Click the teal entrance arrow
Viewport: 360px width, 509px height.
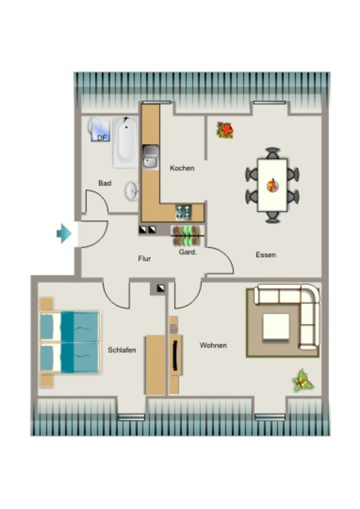point(64,234)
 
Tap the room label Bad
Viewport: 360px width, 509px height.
point(105,183)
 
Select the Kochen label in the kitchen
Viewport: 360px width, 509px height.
point(182,168)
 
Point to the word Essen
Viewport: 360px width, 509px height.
point(266,255)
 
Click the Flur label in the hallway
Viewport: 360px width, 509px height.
point(145,258)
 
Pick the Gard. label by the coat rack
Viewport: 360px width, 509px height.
point(187,252)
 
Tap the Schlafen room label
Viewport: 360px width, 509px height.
point(122,350)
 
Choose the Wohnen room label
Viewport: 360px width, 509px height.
point(213,345)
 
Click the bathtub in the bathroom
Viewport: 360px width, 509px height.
point(126,143)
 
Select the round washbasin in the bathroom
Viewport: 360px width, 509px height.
point(132,191)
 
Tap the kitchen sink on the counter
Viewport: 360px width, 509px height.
point(150,157)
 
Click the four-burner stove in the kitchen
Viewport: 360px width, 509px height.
point(183,212)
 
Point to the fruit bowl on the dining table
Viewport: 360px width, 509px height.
point(272,185)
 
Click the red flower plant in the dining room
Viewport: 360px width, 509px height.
point(225,130)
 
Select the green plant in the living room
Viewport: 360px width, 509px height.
point(303,380)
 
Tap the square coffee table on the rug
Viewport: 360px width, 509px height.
point(276,326)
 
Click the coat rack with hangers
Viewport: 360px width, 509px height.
point(188,235)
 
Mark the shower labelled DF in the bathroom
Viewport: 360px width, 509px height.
point(99,129)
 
